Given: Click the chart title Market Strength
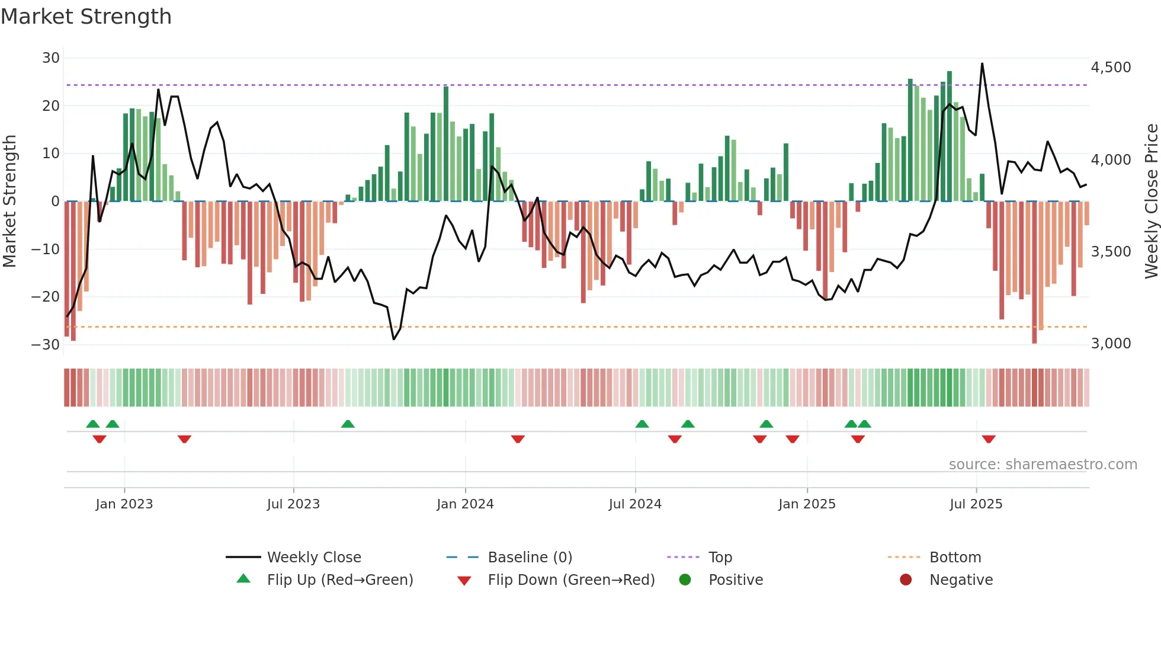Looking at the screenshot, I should (x=86, y=17).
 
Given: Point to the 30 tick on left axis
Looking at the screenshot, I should (x=51, y=58).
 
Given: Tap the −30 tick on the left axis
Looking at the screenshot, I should (x=46, y=344).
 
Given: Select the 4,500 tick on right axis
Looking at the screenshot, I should (x=1111, y=68).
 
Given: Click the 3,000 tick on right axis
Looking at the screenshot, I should (x=1111, y=344).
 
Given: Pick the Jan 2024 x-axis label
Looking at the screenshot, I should (x=465, y=504).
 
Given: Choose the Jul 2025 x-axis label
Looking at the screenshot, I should (x=976, y=504).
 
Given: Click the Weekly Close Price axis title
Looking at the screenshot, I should (x=1151, y=201).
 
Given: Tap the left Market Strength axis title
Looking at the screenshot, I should (x=10, y=201).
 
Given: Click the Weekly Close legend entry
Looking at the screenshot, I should (x=314, y=558).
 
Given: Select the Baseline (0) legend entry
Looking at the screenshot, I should (x=530, y=558).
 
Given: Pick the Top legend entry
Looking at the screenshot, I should (x=720, y=558).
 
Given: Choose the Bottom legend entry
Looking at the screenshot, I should (x=955, y=558).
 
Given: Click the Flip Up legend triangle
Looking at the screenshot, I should (x=243, y=579).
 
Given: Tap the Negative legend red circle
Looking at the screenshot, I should (x=906, y=580).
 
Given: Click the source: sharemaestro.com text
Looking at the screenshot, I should (x=1043, y=465).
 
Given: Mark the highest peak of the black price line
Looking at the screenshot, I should (x=982, y=63).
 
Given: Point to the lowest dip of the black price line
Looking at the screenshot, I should (x=394, y=339).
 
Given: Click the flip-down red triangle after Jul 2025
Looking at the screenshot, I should (x=989, y=439).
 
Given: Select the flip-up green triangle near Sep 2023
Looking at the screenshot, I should (x=348, y=424).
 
